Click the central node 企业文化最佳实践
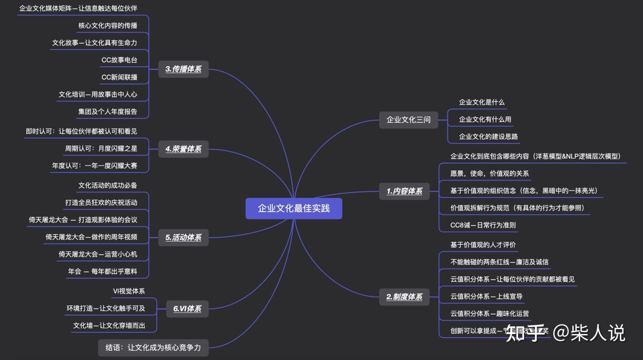293,209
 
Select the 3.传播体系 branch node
184,69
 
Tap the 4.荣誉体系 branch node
184,149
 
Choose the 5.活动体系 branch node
184,238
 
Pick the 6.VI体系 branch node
187,309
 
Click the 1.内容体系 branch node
404,191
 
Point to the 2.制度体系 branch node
404,297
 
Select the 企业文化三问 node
408,120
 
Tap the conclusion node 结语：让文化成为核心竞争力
153,347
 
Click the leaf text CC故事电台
119,60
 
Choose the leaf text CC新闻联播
119,77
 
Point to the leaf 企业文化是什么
482,102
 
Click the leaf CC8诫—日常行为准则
483,225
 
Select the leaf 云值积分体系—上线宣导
486,296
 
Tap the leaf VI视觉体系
129,291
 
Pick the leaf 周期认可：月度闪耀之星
101,148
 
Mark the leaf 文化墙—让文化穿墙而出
109,326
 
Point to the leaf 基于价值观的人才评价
483,245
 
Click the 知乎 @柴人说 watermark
565,333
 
